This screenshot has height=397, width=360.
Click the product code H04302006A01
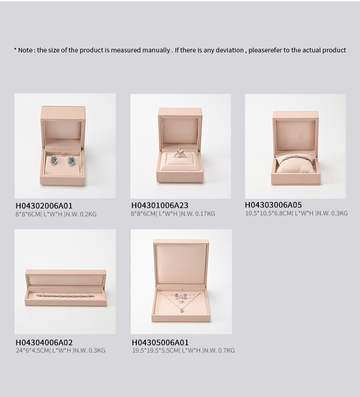point(44,206)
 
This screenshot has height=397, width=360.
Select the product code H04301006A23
point(160,205)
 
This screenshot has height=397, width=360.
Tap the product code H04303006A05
point(273,205)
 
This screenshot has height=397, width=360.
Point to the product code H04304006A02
point(44,342)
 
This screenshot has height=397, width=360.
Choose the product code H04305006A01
point(160,342)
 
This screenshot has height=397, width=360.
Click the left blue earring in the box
point(54,160)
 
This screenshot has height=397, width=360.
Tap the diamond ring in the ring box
point(180,153)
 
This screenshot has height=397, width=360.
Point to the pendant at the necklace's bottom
point(182,310)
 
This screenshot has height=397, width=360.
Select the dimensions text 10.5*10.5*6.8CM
point(268,213)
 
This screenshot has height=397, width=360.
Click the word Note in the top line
point(25,50)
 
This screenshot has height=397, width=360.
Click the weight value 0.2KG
point(88,214)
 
